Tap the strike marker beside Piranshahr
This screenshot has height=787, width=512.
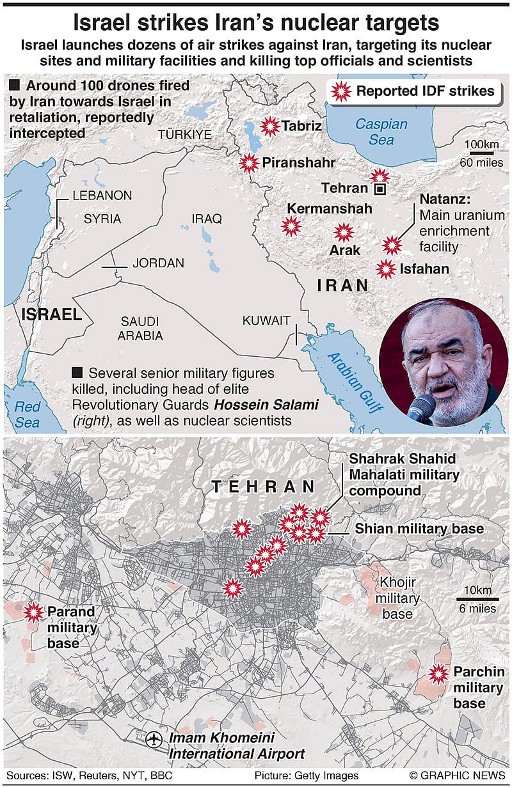[x=249, y=164]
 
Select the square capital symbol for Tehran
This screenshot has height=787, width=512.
[x=380, y=189]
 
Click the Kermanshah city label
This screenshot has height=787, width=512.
[x=329, y=208]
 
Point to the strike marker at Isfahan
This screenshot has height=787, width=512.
[x=385, y=269]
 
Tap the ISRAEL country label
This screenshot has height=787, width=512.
[x=51, y=314]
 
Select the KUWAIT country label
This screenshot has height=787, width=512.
[x=266, y=321]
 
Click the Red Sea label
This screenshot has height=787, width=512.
[x=27, y=414]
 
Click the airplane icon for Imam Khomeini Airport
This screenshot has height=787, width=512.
[x=154, y=739]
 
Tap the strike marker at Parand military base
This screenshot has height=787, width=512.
[x=32, y=612]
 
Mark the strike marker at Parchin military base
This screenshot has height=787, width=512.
[x=438, y=672]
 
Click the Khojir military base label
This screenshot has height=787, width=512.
[x=397, y=598]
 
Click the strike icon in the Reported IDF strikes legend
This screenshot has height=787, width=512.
[x=340, y=91]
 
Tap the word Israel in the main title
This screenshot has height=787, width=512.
[x=106, y=23]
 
